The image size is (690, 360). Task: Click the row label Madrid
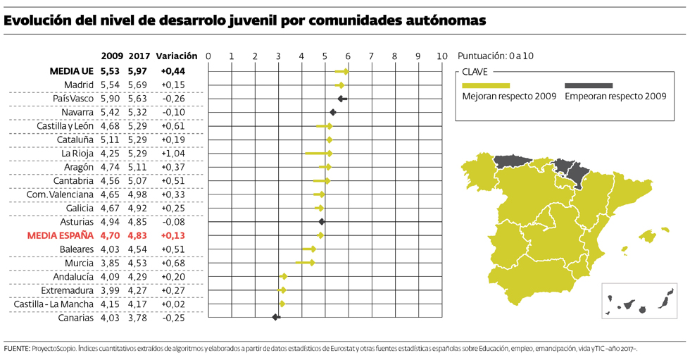(78, 85)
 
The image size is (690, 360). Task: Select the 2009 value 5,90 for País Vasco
(111, 99)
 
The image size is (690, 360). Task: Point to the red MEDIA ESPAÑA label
(60, 236)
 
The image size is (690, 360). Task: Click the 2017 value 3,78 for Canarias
(137, 318)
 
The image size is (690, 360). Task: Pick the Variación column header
(177, 56)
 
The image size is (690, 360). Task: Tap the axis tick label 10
(441, 56)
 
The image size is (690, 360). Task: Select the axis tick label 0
(208, 56)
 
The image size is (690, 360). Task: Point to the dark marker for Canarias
(276, 318)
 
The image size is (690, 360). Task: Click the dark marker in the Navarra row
(333, 112)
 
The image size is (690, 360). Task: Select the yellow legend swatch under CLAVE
(486, 85)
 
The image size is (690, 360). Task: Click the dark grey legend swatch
(589, 85)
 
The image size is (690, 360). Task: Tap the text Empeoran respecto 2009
(615, 97)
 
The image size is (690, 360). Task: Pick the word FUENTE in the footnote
(16, 349)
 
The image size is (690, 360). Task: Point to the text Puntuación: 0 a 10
(495, 56)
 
